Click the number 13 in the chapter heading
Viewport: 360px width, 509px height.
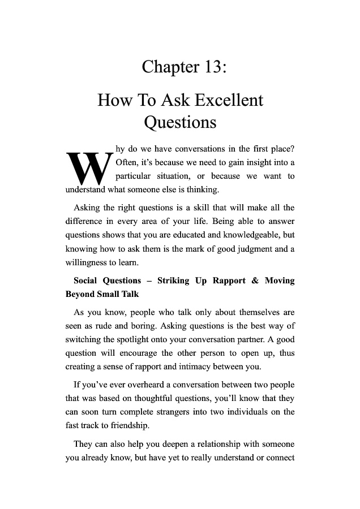(209, 67)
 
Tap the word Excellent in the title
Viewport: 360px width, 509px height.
(229, 101)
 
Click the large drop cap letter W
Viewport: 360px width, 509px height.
(88, 167)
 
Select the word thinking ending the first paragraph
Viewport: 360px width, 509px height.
(194, 189)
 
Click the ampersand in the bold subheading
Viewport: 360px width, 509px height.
(255, 281)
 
